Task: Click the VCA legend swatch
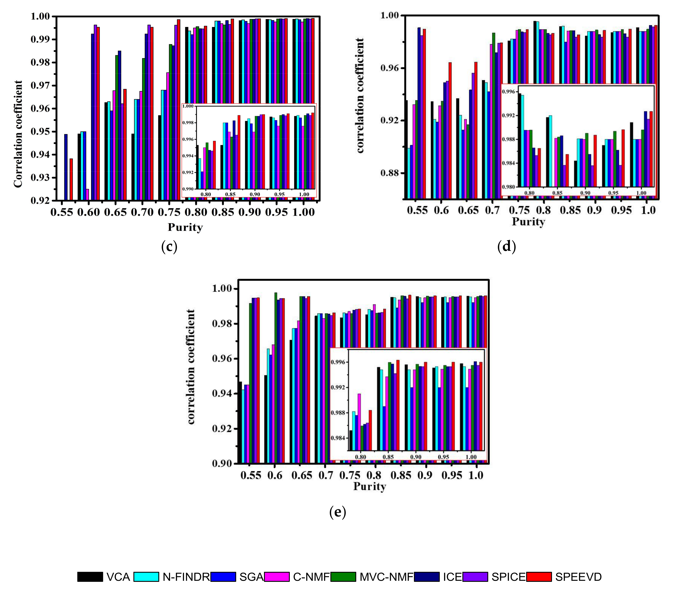(x=90, y=577)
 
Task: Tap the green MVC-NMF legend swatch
(x=343, y=577)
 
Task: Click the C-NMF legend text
(x=311, y=577)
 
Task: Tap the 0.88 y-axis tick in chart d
(x=390, y=173)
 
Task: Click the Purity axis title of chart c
(x=185, y=227)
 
